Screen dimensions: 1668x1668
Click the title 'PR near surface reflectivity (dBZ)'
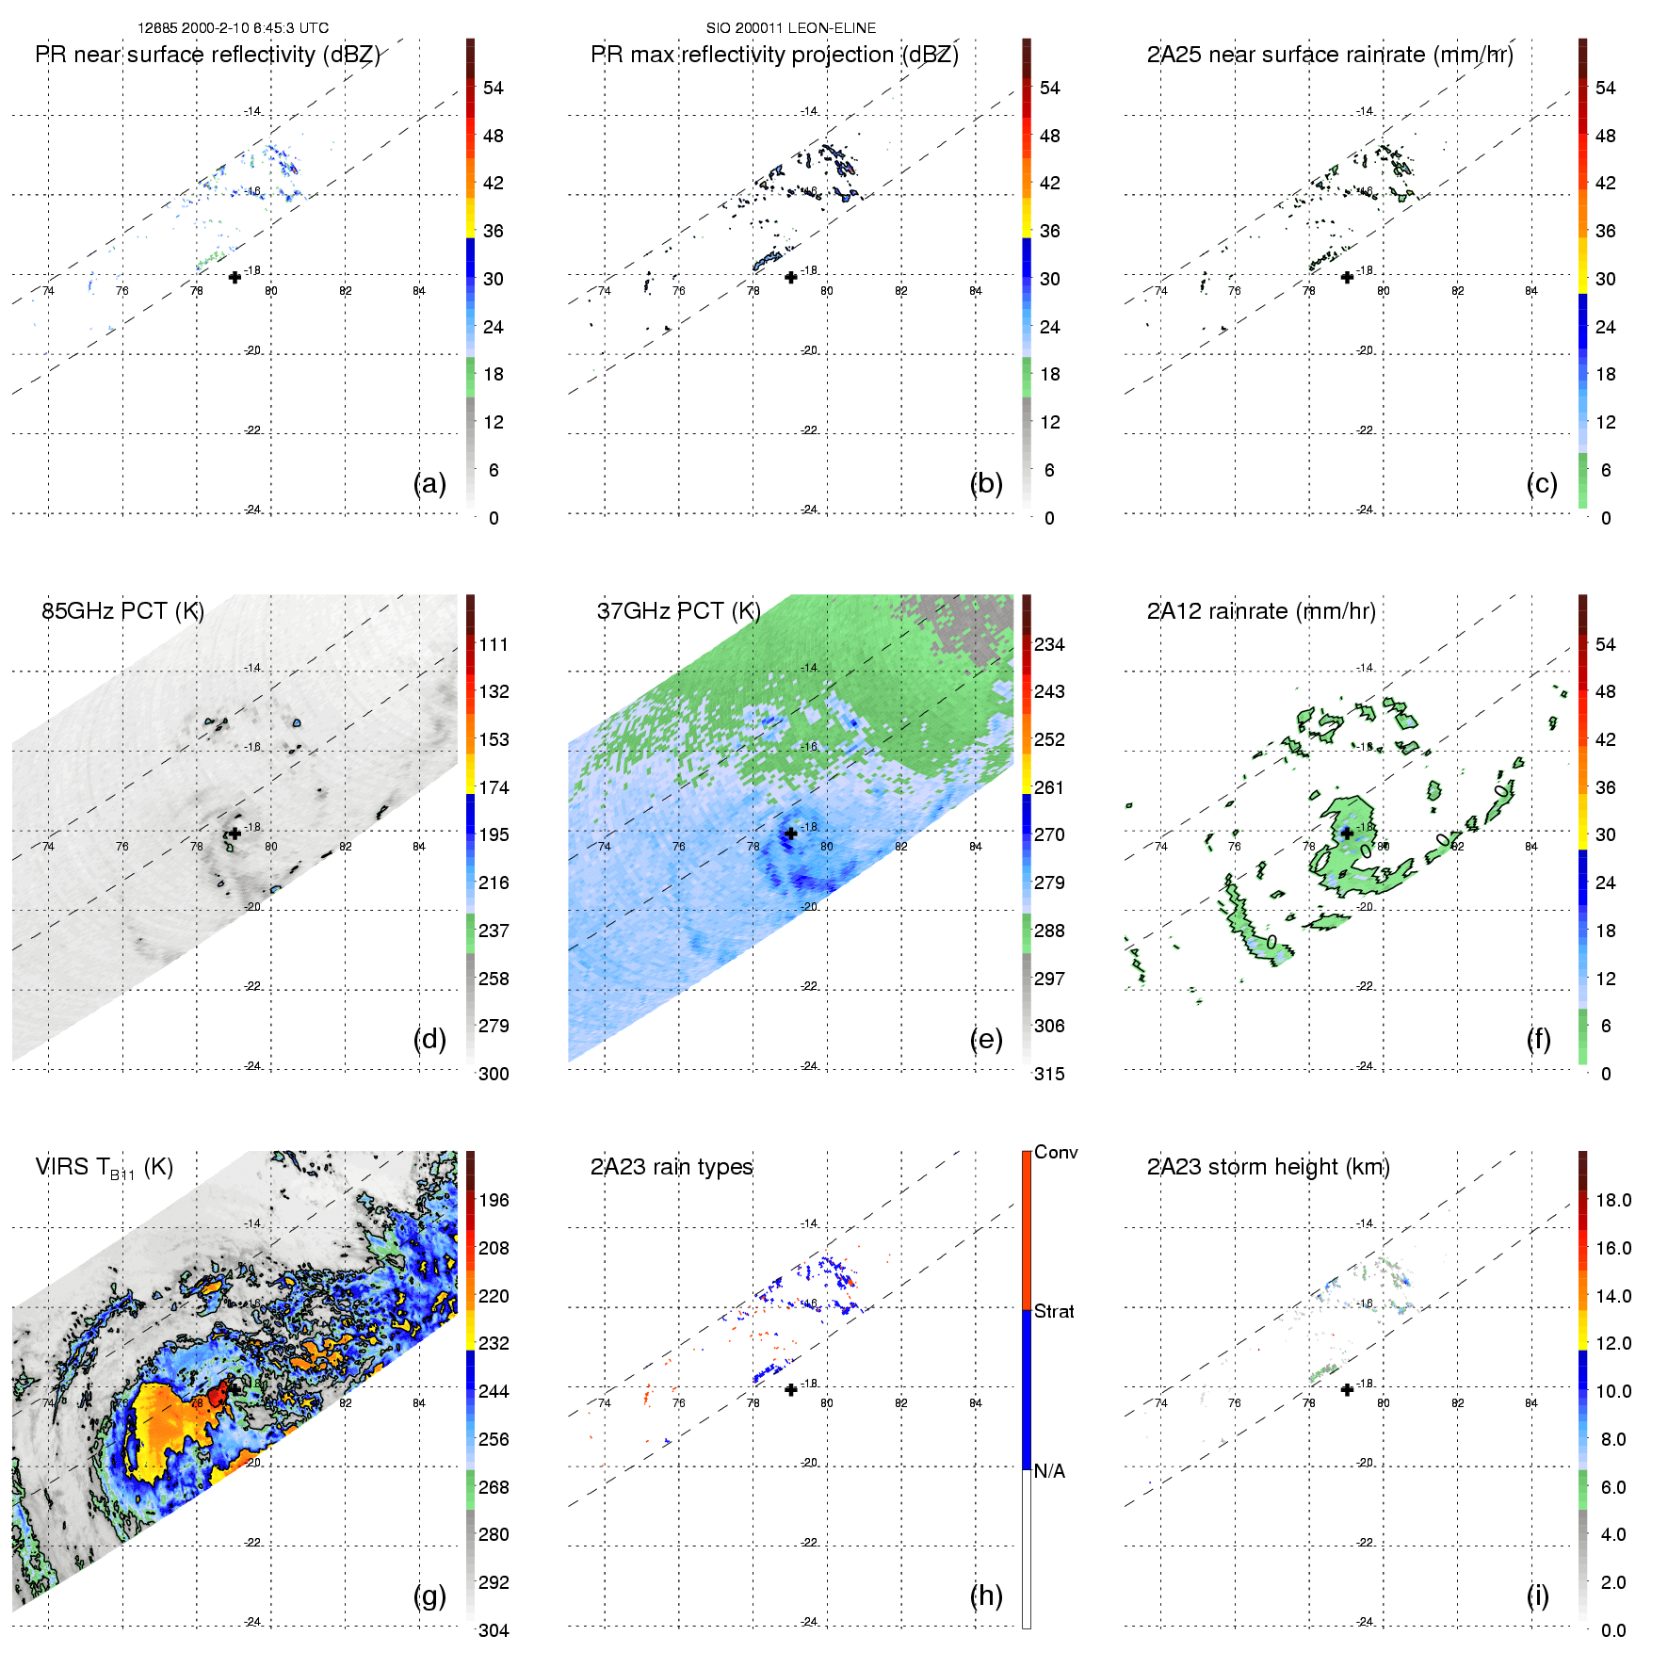[207, 55]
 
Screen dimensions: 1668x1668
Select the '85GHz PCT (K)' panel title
[122, 610]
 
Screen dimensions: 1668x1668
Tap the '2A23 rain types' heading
[672, 1167]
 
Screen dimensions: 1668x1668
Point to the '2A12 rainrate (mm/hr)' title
[1261, 611]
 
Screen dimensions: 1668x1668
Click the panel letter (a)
[429, 483]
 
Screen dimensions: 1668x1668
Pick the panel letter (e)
[986, 1039]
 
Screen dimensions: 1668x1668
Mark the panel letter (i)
[1537, 1595]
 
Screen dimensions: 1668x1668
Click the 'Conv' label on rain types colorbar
[1056, 1152]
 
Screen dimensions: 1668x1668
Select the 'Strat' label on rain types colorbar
[1054, 1311]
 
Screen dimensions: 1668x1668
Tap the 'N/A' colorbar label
[1049, 1471]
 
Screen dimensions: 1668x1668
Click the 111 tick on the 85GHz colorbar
[494, 644]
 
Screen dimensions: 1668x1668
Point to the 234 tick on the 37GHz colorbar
[1049, 644]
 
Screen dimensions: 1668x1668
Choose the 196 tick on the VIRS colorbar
[494, 1200]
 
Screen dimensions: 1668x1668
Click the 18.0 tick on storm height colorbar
[1613, 1200]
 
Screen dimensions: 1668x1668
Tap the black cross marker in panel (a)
[235, 277]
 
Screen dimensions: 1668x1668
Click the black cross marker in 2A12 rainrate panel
[1347, 833]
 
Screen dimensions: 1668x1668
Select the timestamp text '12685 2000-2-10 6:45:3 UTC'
[233, 28]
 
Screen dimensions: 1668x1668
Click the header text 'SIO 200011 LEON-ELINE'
[791, 28]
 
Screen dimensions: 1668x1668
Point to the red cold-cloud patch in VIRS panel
[219, 1391]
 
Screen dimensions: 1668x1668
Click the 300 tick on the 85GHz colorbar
[494, 1074]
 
